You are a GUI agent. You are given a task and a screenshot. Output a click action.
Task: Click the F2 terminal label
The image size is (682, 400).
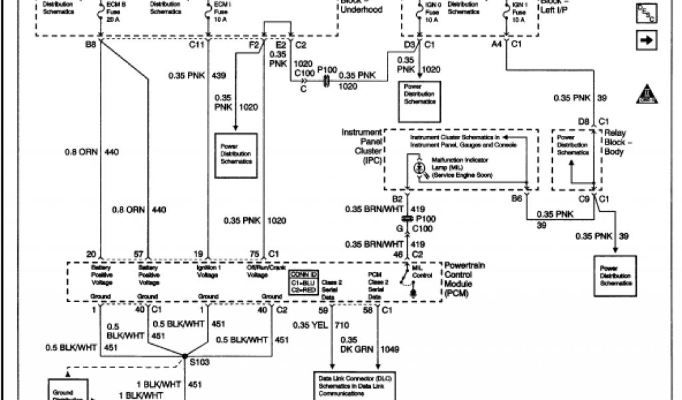(x=253, y=45)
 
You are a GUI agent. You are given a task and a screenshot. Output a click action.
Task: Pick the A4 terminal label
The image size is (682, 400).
(x=497, y=45)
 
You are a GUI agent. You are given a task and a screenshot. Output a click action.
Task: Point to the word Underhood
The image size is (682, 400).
(x=361, y=10)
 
